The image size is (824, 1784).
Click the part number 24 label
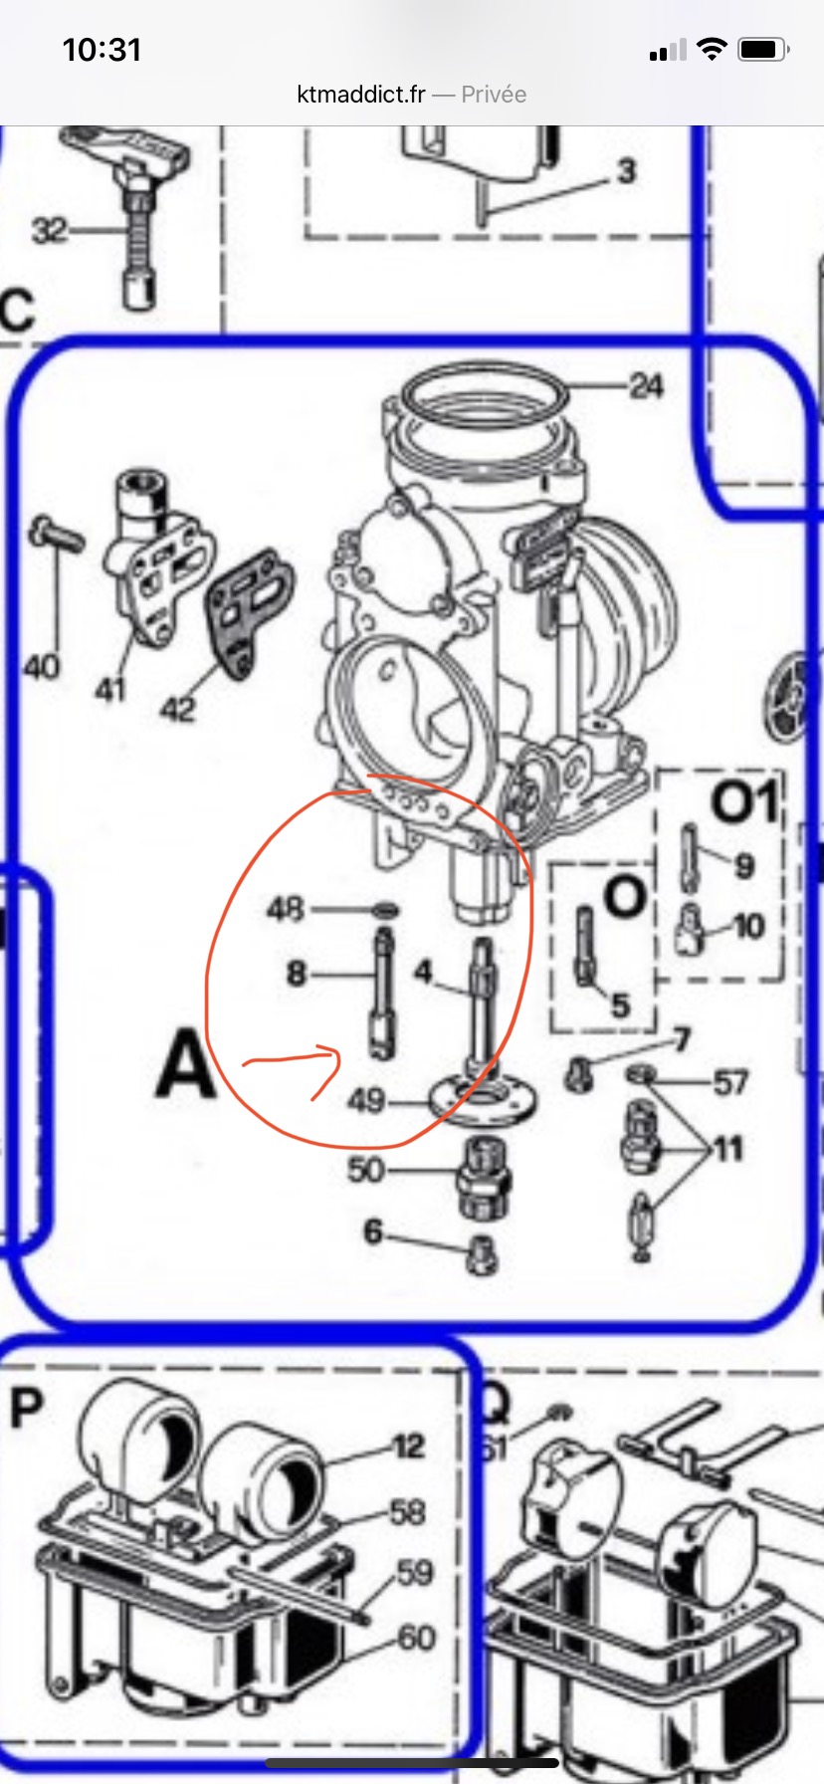click(646, 385)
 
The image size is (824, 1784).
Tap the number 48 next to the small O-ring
click(286, 909)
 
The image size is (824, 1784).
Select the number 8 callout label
click(296, 973)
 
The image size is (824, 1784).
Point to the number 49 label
click(366, 1100)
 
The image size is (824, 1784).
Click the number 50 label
click(365, 1169)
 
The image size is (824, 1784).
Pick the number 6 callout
click(373, 1231)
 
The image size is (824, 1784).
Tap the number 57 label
click(729, 1082)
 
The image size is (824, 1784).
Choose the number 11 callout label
click(728, 1149)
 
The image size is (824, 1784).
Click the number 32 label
click(50, 231)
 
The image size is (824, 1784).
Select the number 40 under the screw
click(41, 666)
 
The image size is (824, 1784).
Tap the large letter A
click(186, 1063)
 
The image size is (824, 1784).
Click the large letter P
click(27, 1409)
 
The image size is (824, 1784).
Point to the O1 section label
click(742, 801)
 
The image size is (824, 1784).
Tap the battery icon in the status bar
click(764, 49)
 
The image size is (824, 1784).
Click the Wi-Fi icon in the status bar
click(712, 49)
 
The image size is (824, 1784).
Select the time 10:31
click(102, 50)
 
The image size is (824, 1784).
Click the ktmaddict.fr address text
click(361, 95)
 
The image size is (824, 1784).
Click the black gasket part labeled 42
click(250, 609)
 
